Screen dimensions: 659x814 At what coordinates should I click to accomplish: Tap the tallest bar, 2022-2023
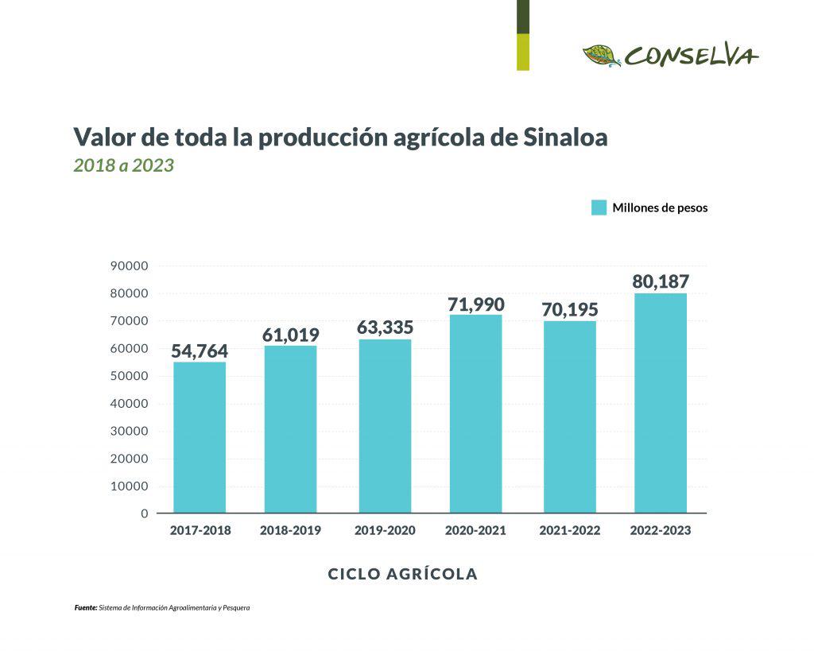660,403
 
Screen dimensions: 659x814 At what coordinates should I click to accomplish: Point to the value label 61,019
290,335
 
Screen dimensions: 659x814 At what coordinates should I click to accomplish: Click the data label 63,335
386,327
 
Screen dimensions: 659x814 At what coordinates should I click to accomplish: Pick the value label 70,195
569,309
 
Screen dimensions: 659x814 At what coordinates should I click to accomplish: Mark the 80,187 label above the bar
660,281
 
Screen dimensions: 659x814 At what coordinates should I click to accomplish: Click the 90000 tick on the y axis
130,266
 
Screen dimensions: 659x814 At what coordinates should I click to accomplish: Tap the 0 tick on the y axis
145,514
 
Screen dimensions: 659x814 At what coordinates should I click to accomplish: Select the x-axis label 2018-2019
290,530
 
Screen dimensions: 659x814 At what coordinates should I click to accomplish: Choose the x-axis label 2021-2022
569,530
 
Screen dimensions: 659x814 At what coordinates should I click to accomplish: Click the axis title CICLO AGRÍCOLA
403,574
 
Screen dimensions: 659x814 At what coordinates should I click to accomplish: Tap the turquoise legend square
599,207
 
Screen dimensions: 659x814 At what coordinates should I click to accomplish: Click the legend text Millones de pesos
660,208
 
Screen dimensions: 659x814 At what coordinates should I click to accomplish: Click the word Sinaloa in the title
566,137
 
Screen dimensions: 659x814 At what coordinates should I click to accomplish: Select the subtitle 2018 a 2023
123,166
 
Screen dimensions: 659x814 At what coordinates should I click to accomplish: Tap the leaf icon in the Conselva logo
602,56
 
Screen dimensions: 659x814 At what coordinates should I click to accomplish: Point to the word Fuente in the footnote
85,608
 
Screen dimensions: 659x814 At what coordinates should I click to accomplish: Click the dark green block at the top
522,17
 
